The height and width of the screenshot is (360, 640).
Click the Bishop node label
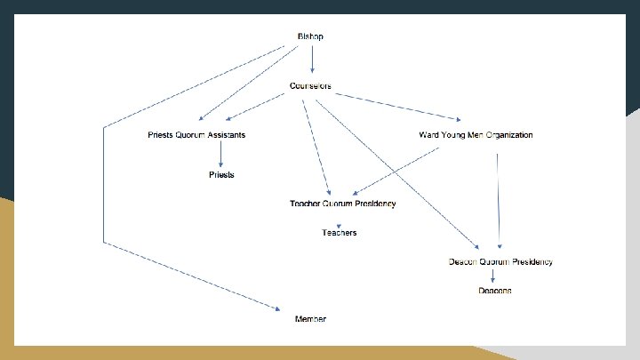coord(310,36)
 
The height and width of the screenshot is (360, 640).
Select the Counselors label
coord(310,86)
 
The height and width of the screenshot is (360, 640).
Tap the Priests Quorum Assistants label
coord(196,135)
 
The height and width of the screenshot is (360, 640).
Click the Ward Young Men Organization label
coord(476,135)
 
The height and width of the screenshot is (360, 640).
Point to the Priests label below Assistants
coord(221,175)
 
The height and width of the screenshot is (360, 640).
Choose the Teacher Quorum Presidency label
coord(342,204)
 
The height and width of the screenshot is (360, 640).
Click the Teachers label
coord(339,233)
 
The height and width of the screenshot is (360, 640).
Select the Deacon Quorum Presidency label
coord(501,262)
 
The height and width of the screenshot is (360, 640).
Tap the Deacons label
coord(495,291)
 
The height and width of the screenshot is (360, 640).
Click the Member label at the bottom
coord(310,318)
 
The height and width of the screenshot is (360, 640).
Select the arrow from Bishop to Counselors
coord(311,60)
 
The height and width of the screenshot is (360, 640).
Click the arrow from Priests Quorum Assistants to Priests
coord(221,156)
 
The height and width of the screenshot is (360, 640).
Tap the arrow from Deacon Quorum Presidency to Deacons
coord(493,276)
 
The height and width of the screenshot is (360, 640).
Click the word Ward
coord(429,135)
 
